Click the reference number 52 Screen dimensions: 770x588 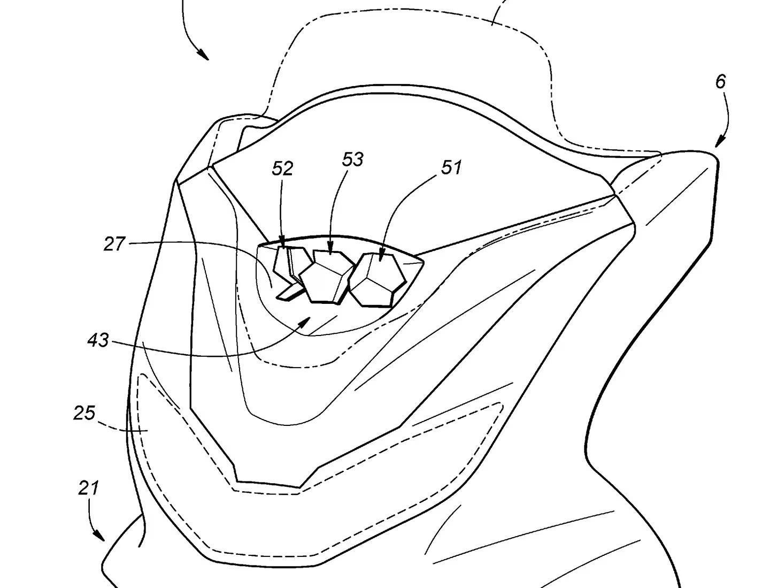point(282,169)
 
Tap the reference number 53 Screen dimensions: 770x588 point(353,159)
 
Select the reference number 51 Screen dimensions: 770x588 point(451,167)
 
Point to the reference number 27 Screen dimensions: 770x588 point(114,244)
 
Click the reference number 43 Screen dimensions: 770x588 point(98,340)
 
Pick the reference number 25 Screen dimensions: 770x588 point(84,413)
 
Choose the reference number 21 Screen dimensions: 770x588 point(88,488)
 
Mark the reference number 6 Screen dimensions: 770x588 point(720,82)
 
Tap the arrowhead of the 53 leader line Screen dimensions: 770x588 point(330,248)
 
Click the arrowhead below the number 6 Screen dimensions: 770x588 point(720,142)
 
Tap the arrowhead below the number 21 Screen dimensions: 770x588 point(99,534)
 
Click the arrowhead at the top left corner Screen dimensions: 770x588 point(203,54)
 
